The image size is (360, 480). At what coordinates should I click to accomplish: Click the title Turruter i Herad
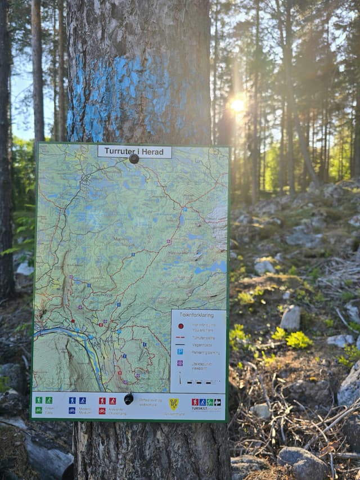[134, 151]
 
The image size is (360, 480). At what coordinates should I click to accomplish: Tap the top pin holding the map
[134, 159]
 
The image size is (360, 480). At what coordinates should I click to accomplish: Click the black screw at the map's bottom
[129, 398]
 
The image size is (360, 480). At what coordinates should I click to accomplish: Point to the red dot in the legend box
[181, 325]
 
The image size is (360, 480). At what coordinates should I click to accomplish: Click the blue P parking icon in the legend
[180, 352]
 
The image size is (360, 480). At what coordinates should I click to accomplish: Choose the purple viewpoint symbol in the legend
[180, 363]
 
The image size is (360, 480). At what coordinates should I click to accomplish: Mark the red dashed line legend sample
[180, 337]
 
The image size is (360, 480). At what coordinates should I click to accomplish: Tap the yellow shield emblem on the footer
[174, 403]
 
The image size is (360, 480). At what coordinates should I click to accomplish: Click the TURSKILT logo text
[200, 409]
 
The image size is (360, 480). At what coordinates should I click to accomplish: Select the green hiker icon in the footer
[39, 400]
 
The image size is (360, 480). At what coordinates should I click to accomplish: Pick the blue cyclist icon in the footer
[72, 411]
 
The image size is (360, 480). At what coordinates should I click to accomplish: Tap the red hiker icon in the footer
[102, 401]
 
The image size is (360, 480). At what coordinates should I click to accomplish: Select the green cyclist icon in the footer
[39, 410]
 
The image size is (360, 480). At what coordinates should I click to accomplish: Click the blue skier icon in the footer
[83, 401]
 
